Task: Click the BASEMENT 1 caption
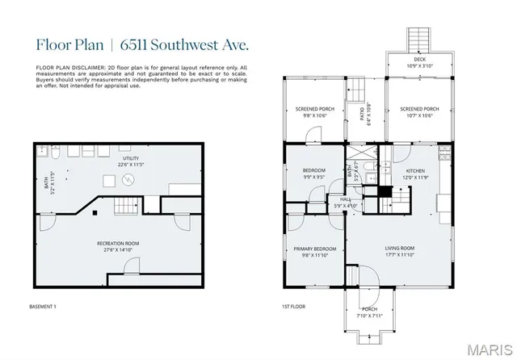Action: (x=43, y=307)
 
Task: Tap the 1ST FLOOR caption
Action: (x=292, y=307)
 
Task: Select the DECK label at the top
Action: (x=419, y=58)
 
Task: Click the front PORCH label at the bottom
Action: (x=369, y=310)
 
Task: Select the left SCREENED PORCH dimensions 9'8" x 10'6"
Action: (x=314, y=115)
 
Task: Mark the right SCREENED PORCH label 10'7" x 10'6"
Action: (x=419, y=115)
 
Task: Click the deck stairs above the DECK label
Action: (x=418, y=38)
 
